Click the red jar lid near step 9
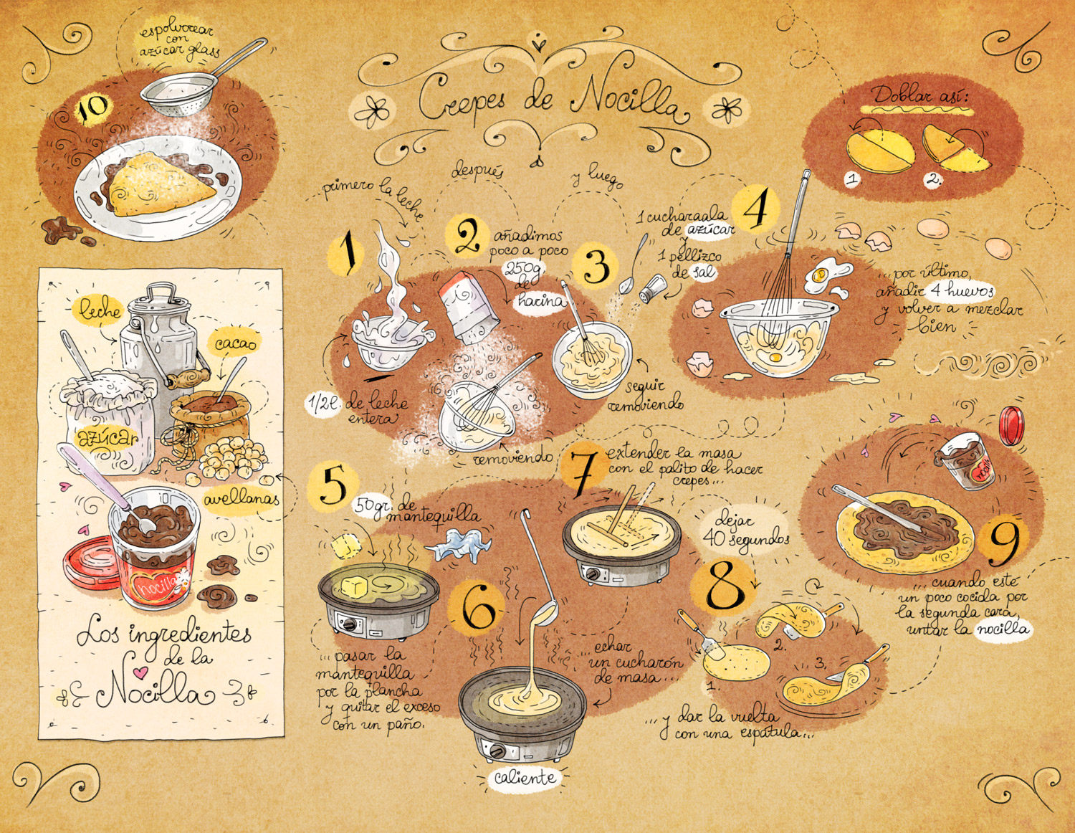[1011, 424]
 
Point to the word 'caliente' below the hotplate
[525, 778]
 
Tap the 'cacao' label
[235, 343]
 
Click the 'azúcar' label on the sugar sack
[107, 437]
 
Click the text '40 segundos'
[746, 538]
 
